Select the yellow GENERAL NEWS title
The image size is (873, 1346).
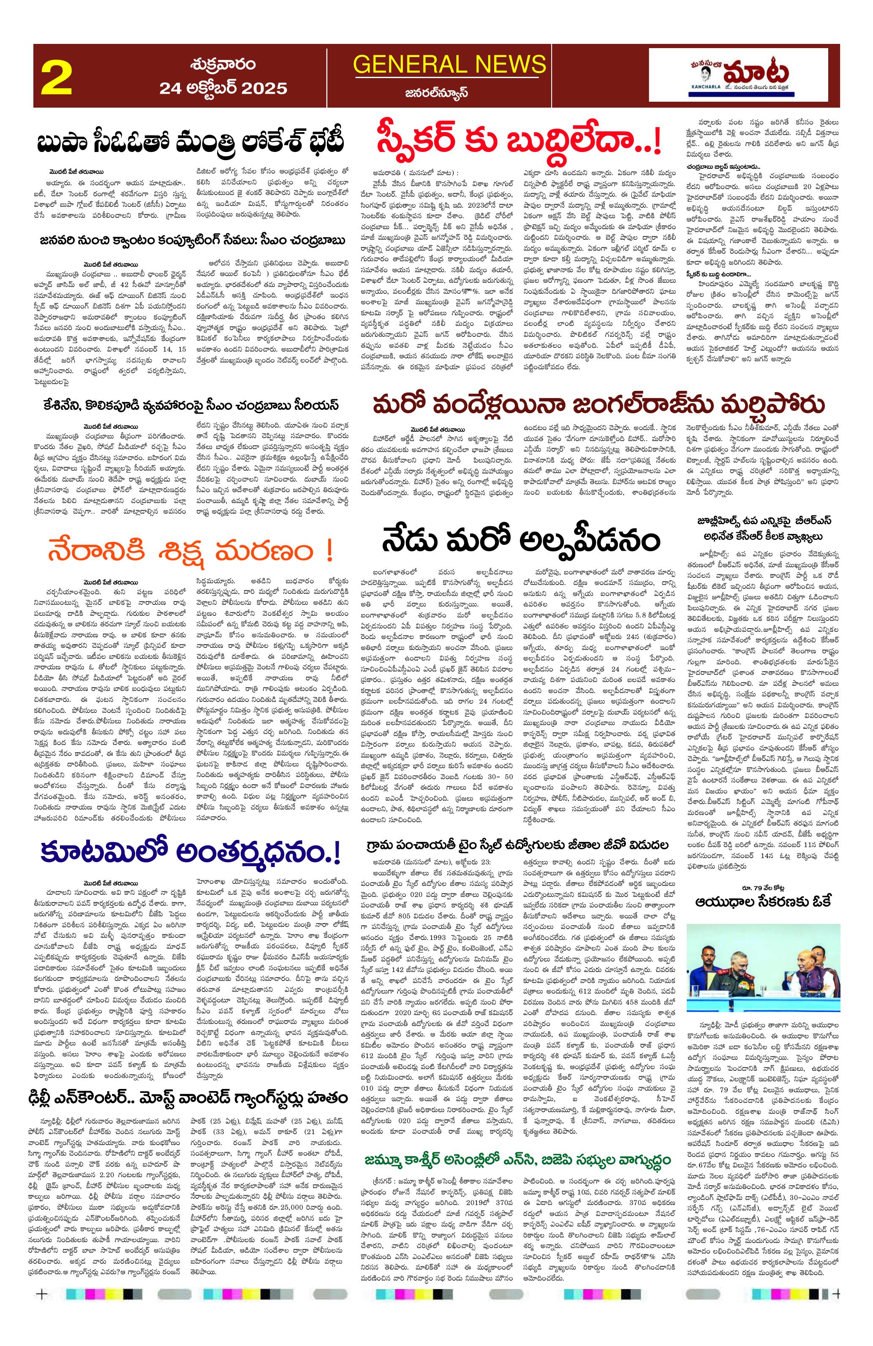(449, 65)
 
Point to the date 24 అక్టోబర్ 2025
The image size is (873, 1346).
(223, 88)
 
